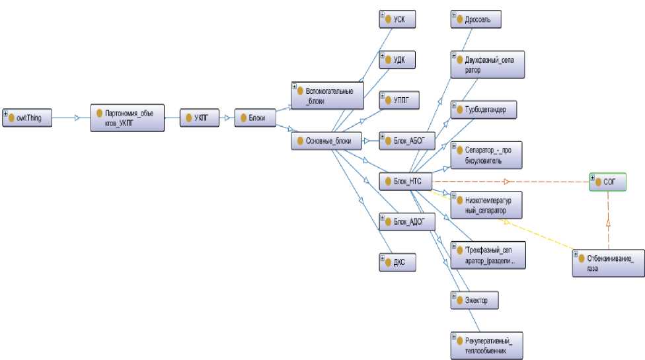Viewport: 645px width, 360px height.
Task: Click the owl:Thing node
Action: (x=27, y=118)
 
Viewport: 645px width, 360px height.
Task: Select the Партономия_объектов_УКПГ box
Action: (x=127, y=118)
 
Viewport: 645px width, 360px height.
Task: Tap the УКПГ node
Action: (x=199, y=118)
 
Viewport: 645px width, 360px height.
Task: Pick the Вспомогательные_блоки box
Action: (x=327, y=95)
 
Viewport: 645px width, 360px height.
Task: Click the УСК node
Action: (x=397, y=19)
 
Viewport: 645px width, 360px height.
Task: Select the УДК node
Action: (x=397, y=60)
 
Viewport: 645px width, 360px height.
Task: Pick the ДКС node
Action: (x=397, y=262)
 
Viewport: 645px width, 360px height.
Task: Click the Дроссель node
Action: (x=475, y=19)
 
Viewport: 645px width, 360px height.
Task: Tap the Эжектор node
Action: (x=474, y=301)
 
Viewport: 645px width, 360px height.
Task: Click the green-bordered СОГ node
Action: (x=607, y=182)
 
